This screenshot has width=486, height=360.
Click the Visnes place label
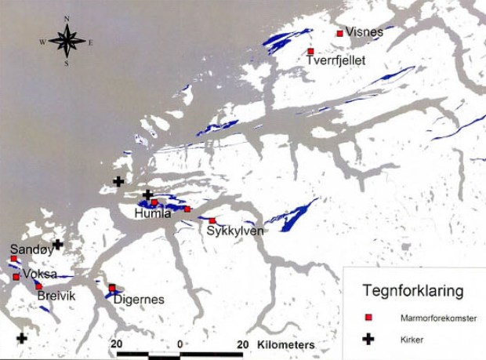[x=364, y=32]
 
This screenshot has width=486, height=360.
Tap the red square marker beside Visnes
[x=339, y=34]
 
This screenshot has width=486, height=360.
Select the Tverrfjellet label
[x=335, y=60]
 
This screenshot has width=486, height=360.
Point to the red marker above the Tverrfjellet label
[x=310, y=52]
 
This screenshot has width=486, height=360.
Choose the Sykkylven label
[x=235, y=231]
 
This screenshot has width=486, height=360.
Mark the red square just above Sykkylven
[x=212, y=221]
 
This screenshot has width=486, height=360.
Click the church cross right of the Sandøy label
[x=57, y=245]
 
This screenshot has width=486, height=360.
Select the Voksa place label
[x=41, y=275]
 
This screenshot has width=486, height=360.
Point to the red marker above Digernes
[x=112, y=288]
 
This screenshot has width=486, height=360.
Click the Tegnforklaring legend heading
[x=412, y=291]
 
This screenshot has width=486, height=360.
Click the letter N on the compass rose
[x=67, y=17]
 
